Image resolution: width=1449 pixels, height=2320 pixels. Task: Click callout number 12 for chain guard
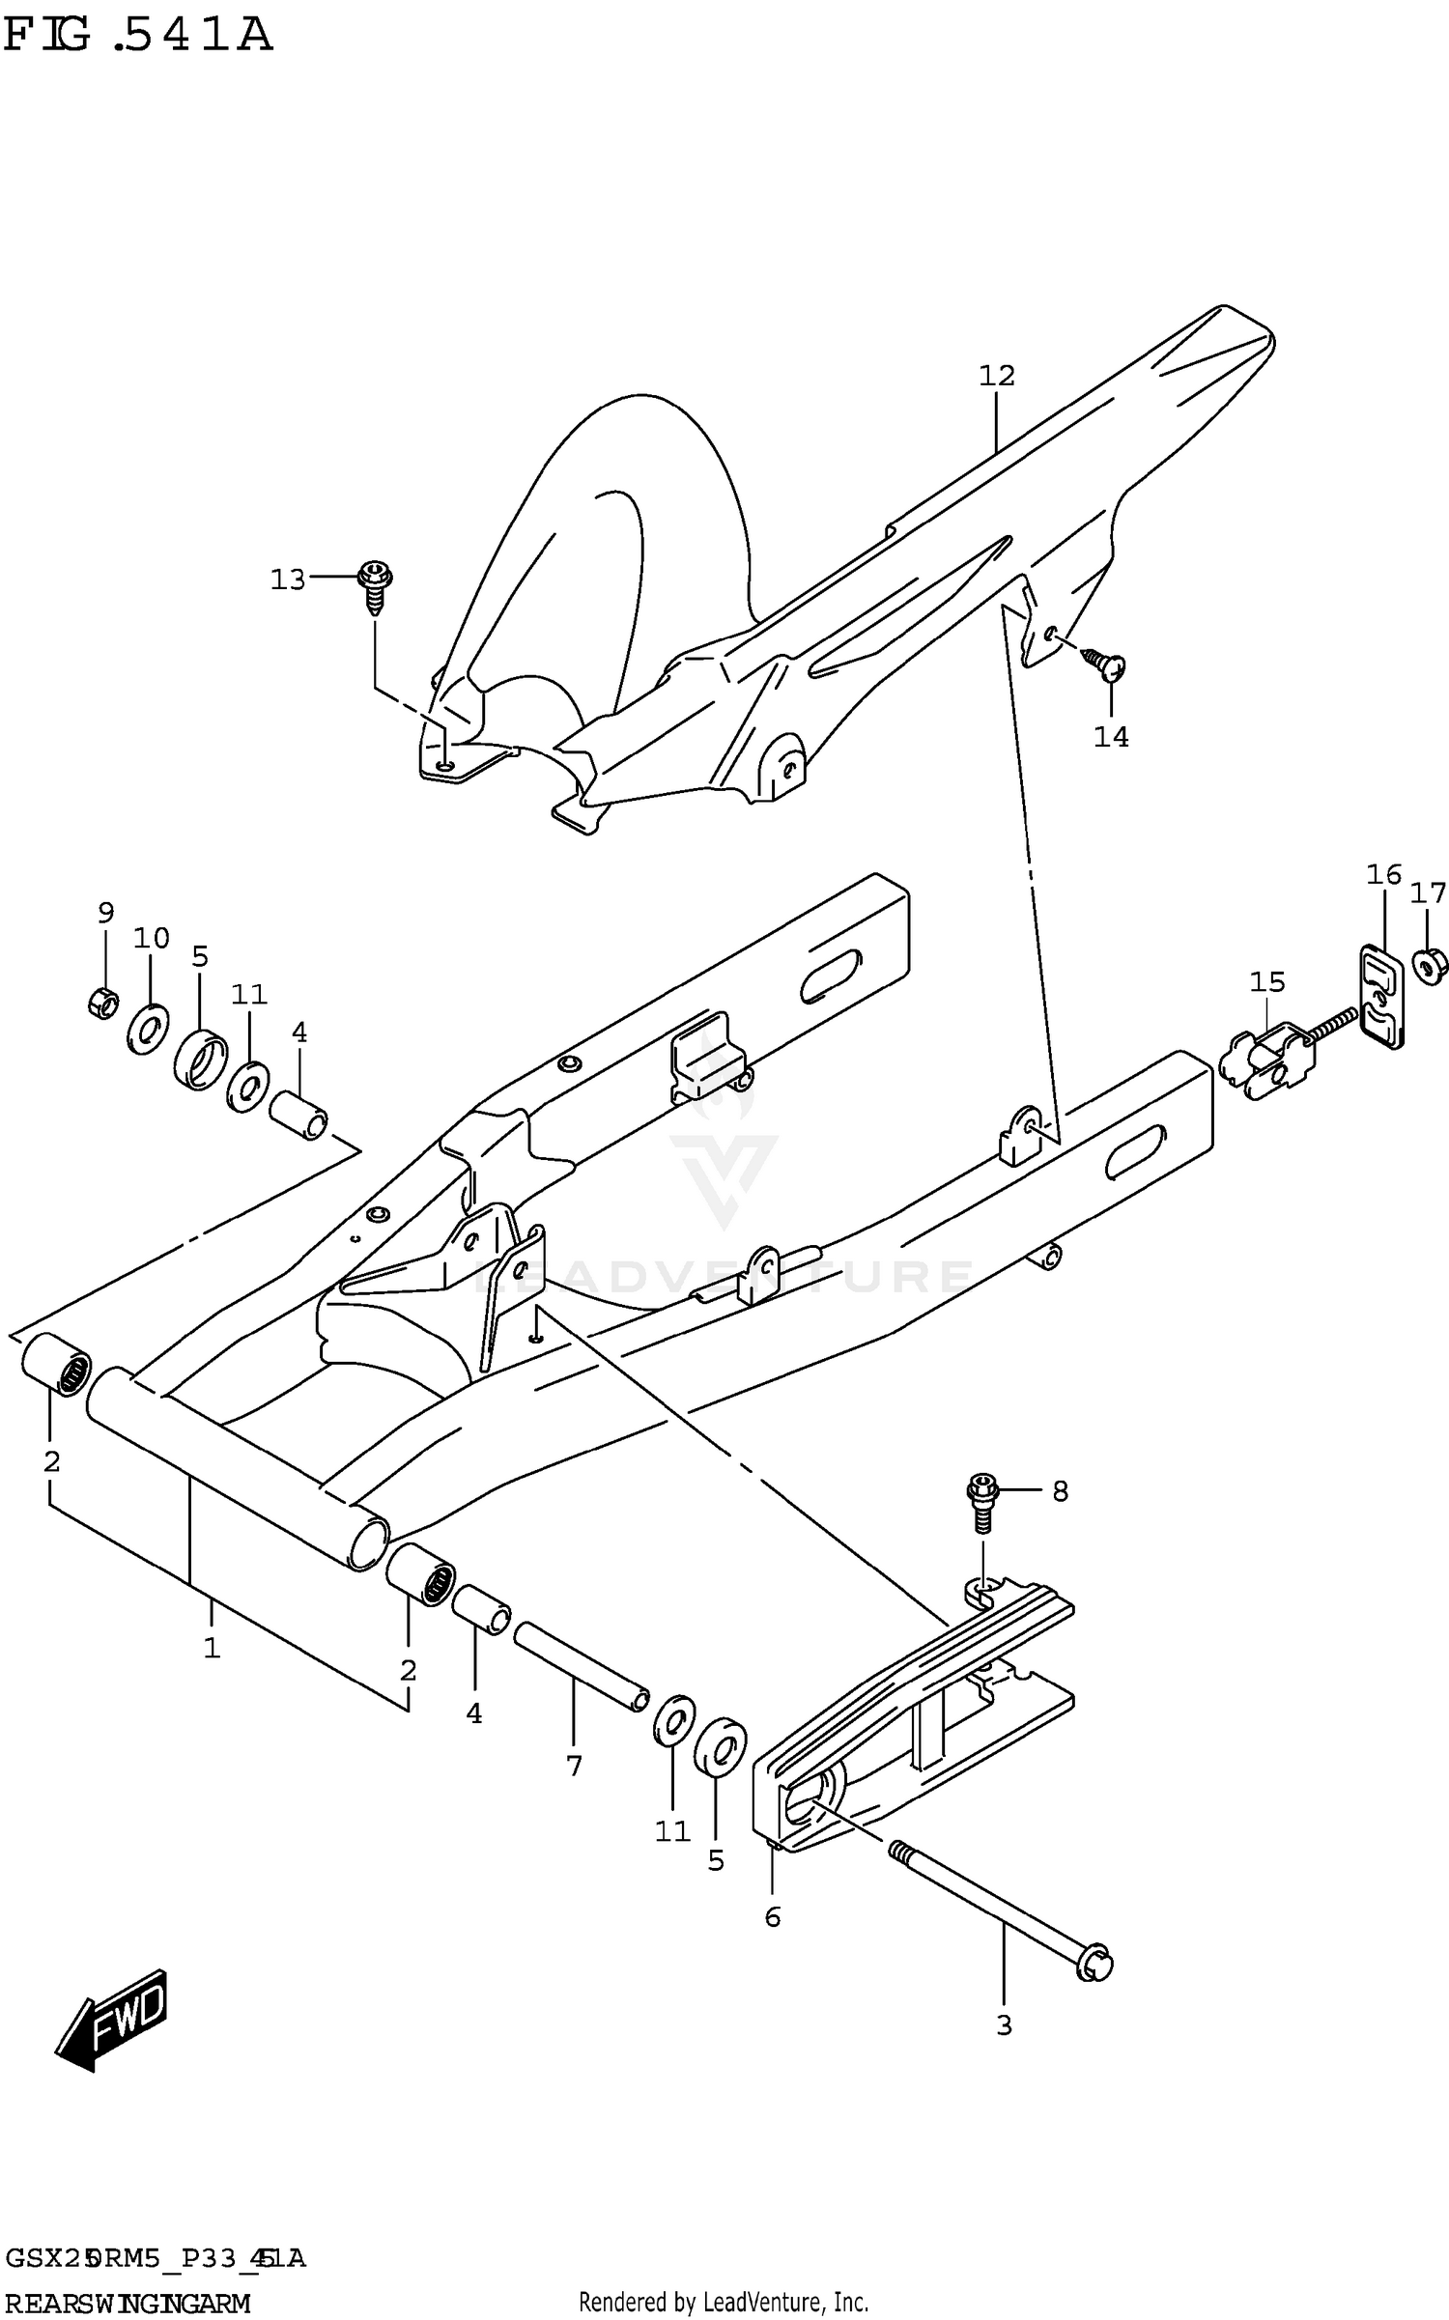pos(997,376)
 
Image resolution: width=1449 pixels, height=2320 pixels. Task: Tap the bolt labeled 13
pos(375,585)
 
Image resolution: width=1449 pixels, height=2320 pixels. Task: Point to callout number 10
pos(152,938)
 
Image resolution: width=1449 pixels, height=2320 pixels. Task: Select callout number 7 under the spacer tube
pos(574,1766)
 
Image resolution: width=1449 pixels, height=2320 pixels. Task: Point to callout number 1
pos(212,1647)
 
